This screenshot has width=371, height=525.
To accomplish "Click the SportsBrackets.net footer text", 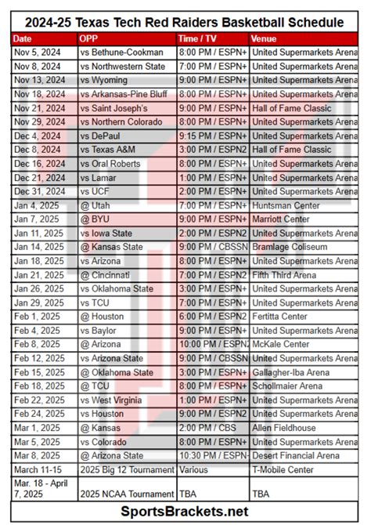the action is (x=185, y=511).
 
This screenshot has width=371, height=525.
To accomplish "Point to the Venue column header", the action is (x=265, y=38).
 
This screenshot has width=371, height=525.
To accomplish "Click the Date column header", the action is (x=23, y=38).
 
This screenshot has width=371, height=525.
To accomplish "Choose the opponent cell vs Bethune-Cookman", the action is (x=116, y=52).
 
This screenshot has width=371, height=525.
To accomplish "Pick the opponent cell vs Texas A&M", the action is (x=111, y=150).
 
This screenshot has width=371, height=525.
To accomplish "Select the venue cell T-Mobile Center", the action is (x=284, y=469).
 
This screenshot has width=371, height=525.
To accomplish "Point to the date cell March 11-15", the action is (x=36, y=469).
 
